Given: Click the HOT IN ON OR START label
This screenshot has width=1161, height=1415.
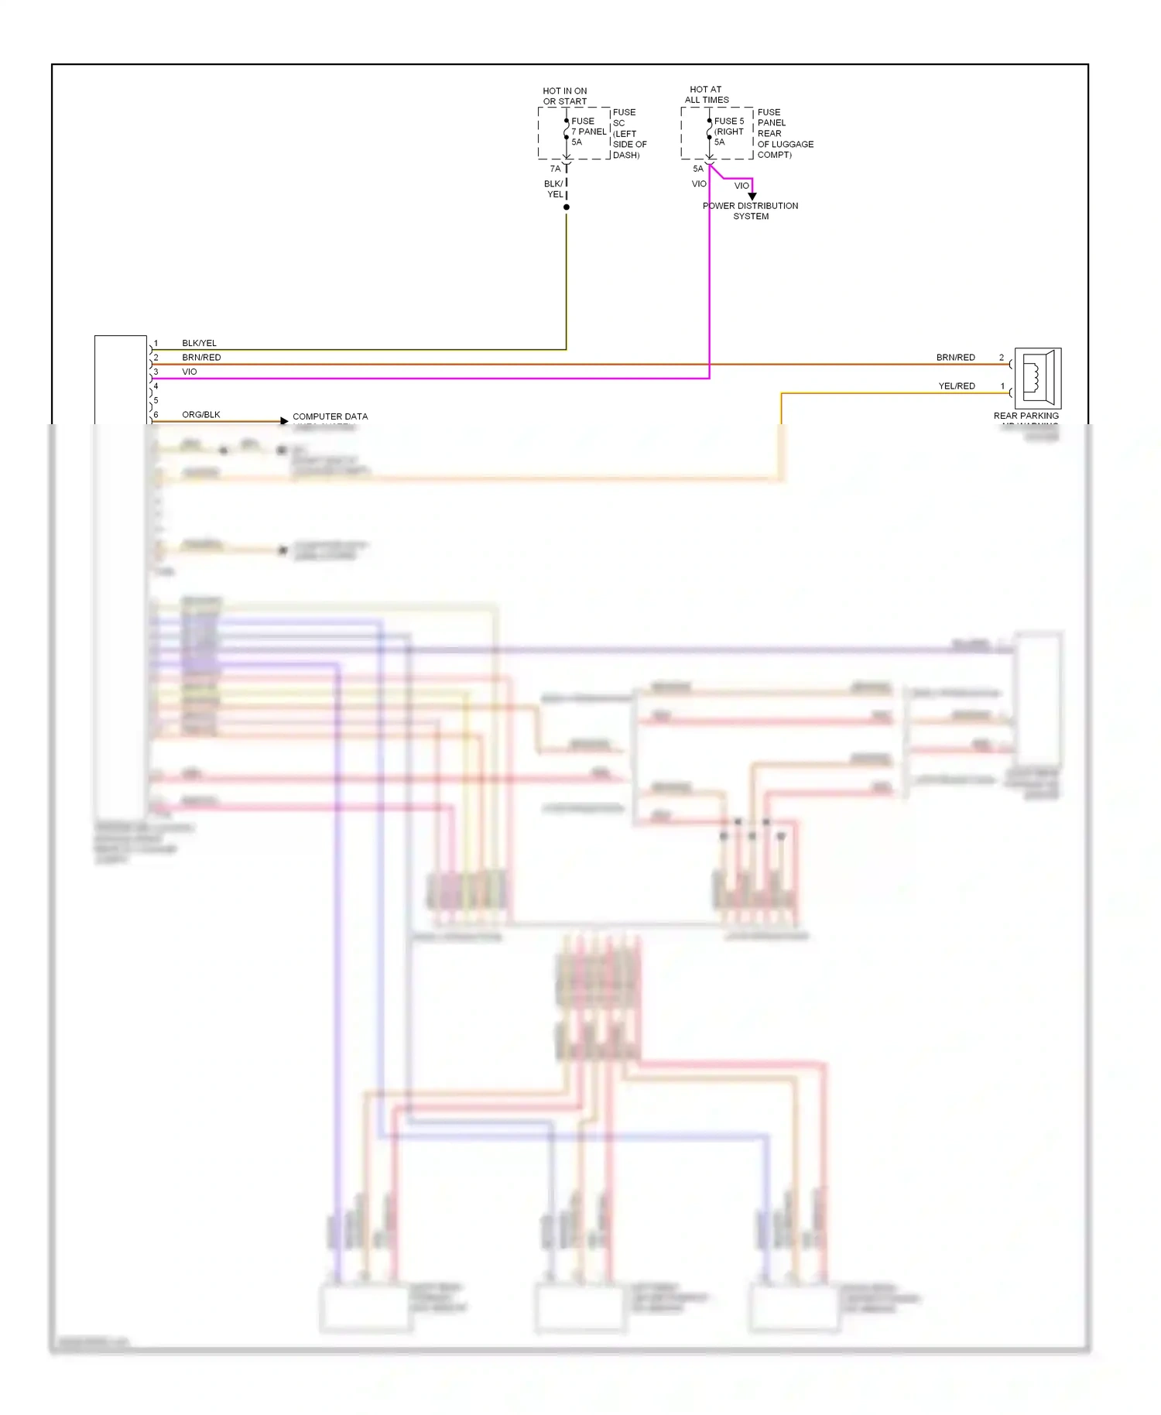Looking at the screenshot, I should click(564, 96).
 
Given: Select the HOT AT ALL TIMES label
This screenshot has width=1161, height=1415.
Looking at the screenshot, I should click(706, 94).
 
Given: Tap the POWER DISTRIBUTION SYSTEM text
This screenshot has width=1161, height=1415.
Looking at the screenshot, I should click(750, 211).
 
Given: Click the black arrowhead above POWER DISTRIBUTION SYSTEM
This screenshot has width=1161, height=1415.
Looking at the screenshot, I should click(752, 197).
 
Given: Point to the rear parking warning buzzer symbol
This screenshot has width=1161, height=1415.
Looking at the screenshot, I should click(1037, 379).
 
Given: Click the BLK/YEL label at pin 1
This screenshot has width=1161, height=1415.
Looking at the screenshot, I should click(199, 343).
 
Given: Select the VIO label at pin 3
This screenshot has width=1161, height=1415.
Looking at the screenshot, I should click(190, 372).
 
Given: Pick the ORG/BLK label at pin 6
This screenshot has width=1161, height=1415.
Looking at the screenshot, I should click(201, 415).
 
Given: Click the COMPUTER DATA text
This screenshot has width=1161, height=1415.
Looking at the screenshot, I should click(330, 416).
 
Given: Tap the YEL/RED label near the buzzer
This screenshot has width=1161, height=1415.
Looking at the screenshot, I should click(957, 385).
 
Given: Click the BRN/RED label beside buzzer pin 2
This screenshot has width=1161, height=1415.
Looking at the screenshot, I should click(955, 358).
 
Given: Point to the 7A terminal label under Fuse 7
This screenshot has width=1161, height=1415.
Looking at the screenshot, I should click(555, 169).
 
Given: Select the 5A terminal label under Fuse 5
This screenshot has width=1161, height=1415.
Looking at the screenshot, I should click(698, 169).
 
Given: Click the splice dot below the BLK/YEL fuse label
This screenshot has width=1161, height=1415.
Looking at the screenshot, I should click(567, 207).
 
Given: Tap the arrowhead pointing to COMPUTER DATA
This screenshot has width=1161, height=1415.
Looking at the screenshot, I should click(284, 421).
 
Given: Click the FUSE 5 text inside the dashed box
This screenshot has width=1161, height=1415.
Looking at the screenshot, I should click(728, 121).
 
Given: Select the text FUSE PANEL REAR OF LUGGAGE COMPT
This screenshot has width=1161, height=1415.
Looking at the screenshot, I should click(784, 133).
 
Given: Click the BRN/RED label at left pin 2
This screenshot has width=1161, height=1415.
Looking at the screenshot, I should click(201, 358).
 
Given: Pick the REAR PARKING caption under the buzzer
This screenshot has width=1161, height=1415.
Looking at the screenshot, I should click(1026, 416).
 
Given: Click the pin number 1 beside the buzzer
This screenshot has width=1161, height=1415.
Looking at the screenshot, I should click(1002, 385).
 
